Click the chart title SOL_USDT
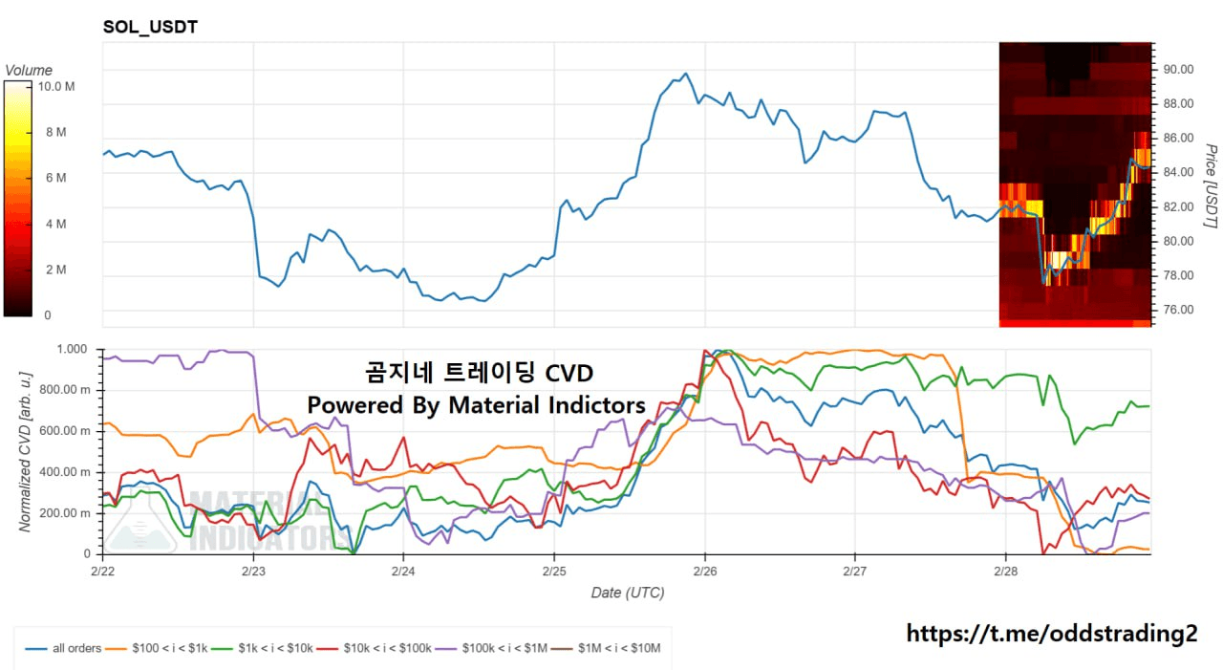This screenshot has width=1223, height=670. pyautogui.click(x=150, y=27)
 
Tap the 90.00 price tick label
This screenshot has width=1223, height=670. pyautogui.click(x=1178, y=69)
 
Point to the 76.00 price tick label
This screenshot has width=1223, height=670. pyautogui.click(x=1178, y=310)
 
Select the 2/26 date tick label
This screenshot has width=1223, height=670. pyautogui.click(x=705, y=571)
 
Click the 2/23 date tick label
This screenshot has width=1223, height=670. pyautogui.click(x=252, y=571)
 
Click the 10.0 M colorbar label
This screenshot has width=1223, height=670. pyautogui.click(x=56, y=86)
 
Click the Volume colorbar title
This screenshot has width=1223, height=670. pyautogui.click(x=29, y=70)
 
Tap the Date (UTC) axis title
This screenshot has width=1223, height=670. pyautogui.click(x=628, y=593)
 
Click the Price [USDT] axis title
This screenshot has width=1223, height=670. pyautogui.click(x=1211, y=186)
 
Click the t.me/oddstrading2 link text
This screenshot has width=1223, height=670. pyautogui.click(x=1051, y=633)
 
